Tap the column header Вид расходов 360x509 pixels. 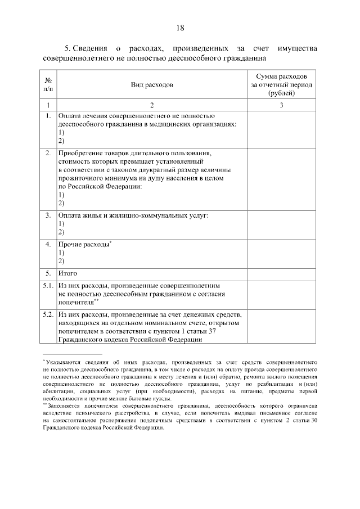point(152,84)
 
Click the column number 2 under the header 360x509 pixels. point(152,105)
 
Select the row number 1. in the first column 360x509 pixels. point(48,116)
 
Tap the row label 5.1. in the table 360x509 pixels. point(48,285)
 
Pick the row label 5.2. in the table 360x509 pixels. point(48,313)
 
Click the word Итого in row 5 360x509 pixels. point(67,273)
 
